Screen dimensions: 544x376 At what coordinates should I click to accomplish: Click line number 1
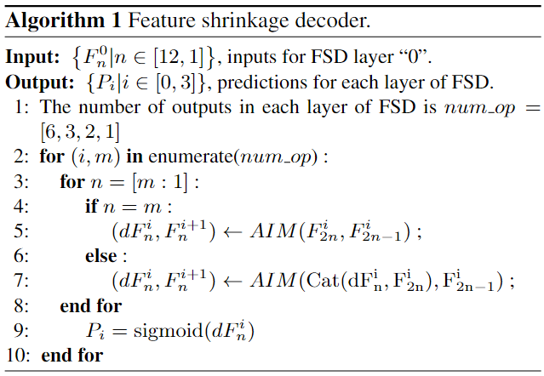click(23, 107)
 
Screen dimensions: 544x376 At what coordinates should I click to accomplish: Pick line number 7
click(23, 280)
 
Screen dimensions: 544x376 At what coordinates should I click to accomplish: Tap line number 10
click(20, 354)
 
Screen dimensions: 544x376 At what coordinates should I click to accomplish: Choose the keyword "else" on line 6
click(101, 255)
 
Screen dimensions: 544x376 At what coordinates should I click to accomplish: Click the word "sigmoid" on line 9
click(174, 330)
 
